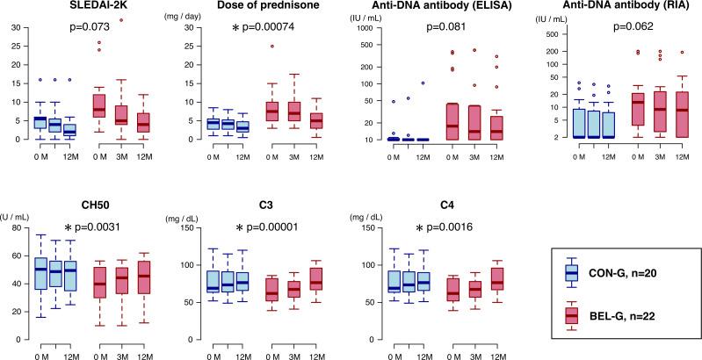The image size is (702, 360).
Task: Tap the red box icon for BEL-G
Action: point(572,313)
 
